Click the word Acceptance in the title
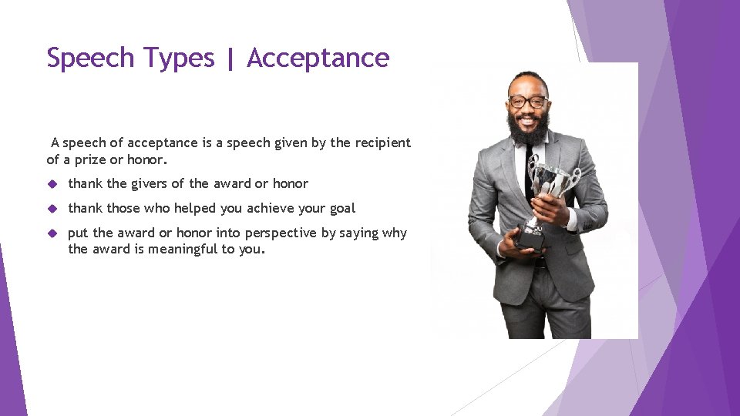[x=318, y=58]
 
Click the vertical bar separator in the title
[x=230, y=59]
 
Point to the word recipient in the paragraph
[x=382, y=143]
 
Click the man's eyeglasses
[x=529, y=102]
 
